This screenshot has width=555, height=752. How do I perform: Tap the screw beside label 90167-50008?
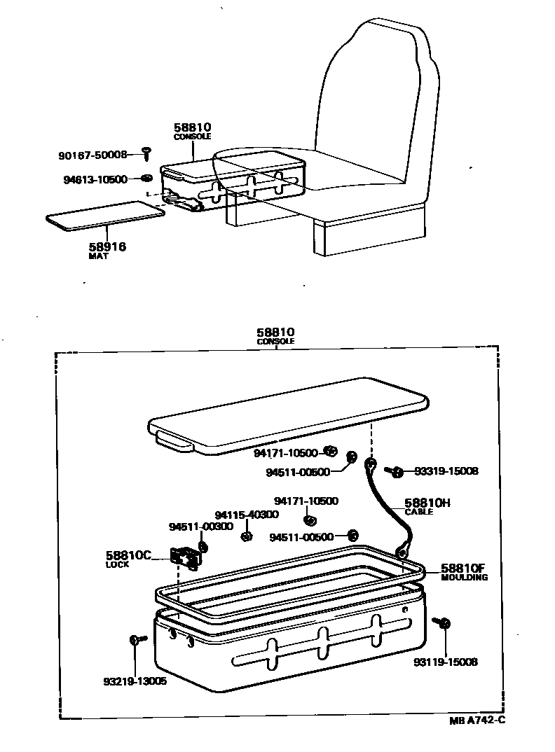click(x=146, y=152)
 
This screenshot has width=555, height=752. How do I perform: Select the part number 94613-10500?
click(x=95, y=179)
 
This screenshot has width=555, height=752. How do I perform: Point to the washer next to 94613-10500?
click(x=146, y=178)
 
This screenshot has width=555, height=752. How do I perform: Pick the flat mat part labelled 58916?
click(x=105, y=214)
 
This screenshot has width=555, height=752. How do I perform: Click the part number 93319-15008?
click(x=446, y=471)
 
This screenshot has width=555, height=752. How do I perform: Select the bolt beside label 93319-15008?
click(x=396, y=472)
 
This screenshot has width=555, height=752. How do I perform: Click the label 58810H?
click(x=427, y=503)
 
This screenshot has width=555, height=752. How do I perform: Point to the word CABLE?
click(x=419, y=512)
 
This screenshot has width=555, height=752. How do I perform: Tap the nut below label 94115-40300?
click(x=247, y=536)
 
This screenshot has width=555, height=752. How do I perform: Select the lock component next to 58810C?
click(x=186, y=557)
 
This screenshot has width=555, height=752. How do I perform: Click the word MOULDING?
click(x=465, y=578)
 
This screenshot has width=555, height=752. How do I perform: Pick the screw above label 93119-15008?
click(x=442, y=622)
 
